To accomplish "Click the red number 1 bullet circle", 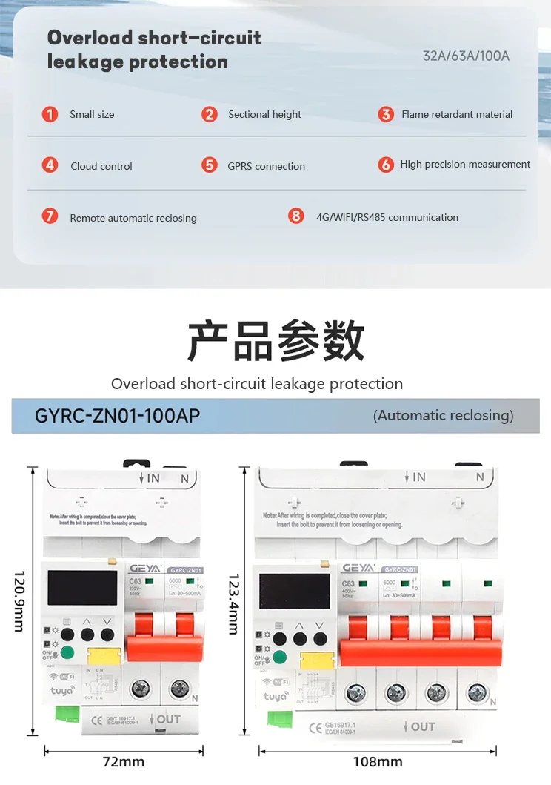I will (50, 114).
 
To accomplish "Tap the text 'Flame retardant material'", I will (457, 114).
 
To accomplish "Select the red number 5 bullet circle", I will (210, 165).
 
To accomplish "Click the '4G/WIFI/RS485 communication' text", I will (387, 217).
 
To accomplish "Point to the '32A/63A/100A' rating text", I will (466, 56).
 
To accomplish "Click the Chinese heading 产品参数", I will (275, 341).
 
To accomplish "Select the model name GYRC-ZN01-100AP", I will (117, 416).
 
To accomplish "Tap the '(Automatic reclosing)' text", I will (443, 416).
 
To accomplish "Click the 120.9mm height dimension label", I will (20, 601).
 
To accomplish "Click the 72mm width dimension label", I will (123, 761).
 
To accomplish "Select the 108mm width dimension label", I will (378, 761).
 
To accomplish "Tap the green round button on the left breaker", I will (68, 653).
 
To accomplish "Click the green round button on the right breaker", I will (281, 656).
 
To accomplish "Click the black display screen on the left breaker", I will (82, 587).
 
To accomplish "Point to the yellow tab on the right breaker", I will (318, 660).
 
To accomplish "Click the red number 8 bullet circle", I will (296, 216).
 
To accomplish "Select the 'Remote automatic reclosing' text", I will (133, 218).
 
